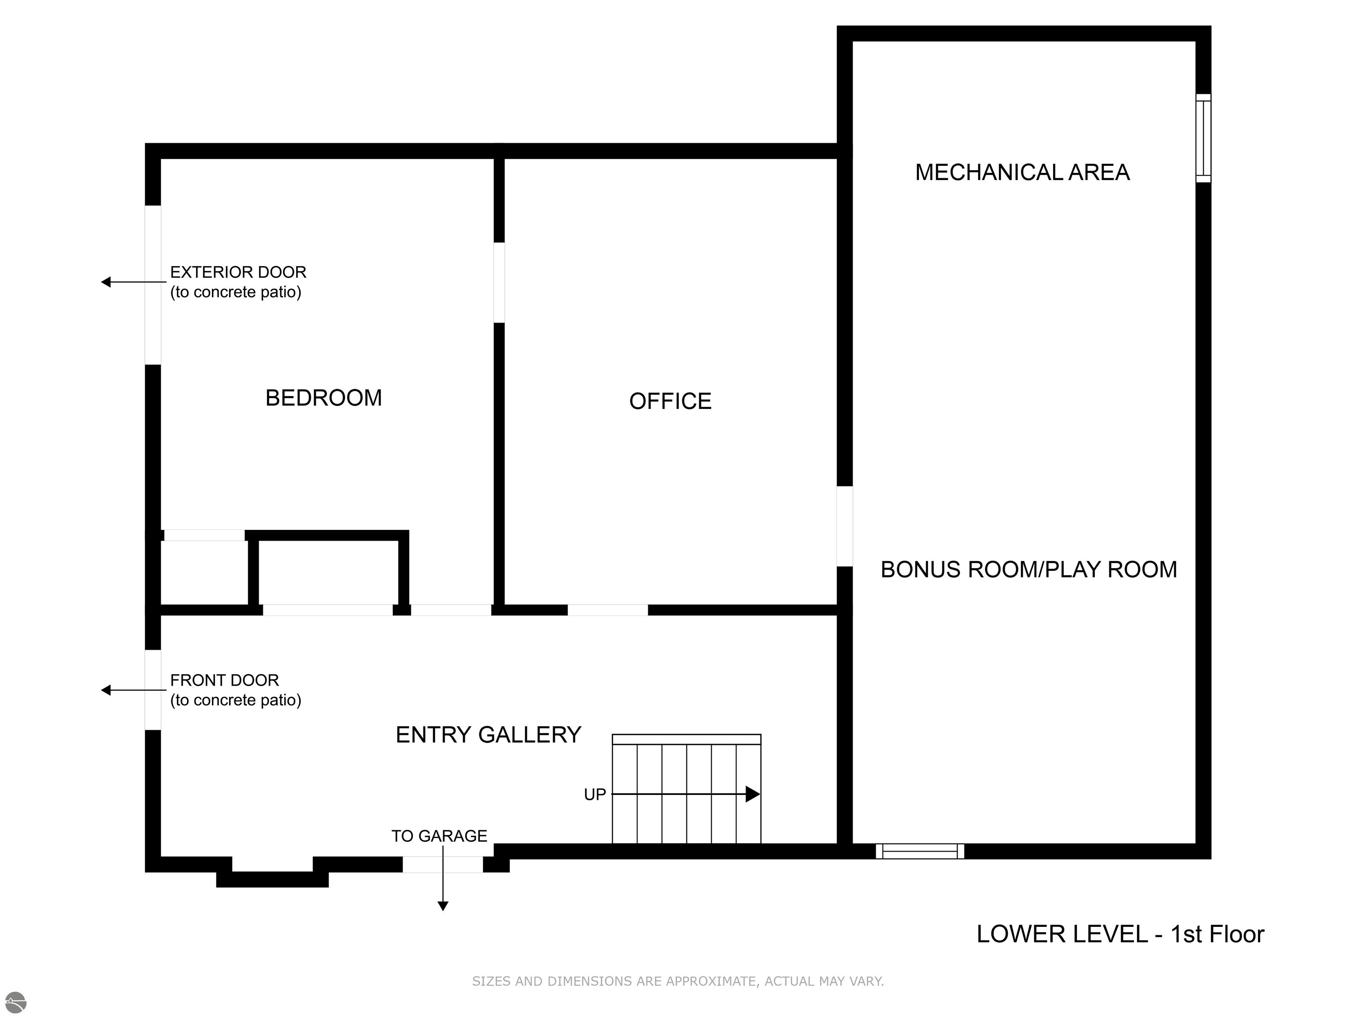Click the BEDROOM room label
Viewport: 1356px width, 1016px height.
324,398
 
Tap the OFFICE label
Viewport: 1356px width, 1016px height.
670,401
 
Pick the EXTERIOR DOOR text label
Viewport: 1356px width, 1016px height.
238,272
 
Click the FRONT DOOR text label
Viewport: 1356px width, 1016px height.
224,680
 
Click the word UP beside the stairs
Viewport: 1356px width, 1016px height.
595,795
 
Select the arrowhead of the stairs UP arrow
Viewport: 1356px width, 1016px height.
753,794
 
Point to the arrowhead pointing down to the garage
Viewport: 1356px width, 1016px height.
443,906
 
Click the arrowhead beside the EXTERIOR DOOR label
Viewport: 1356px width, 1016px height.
106,282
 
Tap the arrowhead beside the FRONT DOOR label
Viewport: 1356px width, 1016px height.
106,690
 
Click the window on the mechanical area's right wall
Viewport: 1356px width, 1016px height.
1203,138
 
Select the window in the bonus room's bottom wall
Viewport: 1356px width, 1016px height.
919,851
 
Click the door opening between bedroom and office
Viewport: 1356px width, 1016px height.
499,282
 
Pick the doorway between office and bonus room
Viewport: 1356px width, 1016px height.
845,526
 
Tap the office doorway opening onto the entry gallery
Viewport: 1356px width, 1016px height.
607,610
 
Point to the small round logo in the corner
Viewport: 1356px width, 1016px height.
16,1002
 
